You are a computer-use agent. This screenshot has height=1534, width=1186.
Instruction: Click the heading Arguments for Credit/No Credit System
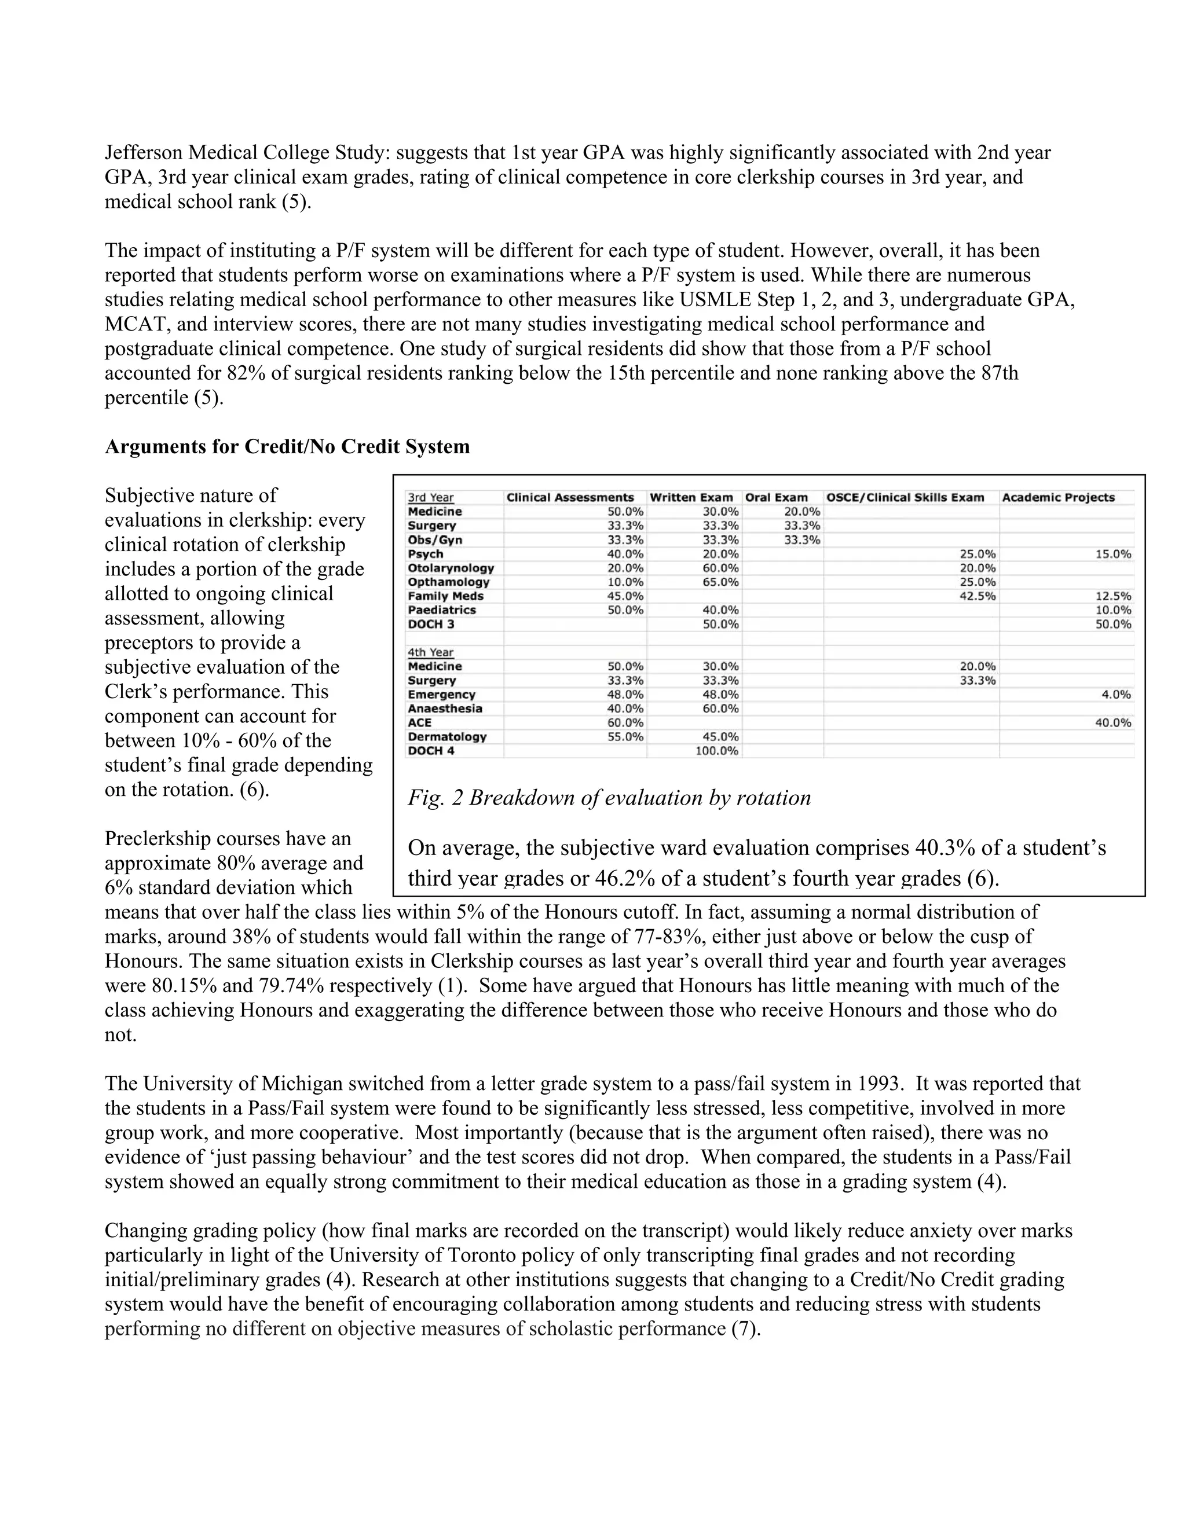[x=287, y=447]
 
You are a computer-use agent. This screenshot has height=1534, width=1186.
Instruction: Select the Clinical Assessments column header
[x=570, y=497]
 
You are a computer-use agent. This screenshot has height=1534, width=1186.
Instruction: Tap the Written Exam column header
[x=691, y=497]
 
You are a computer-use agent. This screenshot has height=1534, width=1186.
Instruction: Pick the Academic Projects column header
[x=1057, y=497]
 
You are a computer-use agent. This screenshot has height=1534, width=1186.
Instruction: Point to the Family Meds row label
[x=445, y=596]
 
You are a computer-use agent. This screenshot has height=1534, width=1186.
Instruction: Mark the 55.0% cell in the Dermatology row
[x=625, y=737]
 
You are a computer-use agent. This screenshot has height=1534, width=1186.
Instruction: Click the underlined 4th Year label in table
[x=430, y=652]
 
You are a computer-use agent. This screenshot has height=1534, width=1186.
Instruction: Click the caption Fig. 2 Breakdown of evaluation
[x=609, y=798]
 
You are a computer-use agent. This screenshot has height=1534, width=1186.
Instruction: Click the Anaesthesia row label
[x=445, y=708]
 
